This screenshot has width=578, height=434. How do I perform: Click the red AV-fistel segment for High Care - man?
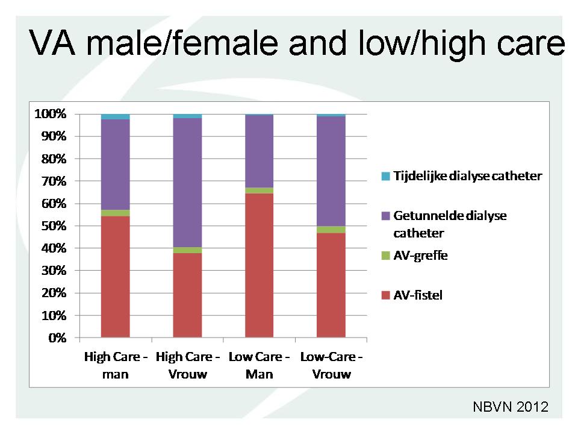pyautogui.click(x=116, y=277)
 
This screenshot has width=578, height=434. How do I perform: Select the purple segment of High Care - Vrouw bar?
pyautogui.click(x=188, y=183)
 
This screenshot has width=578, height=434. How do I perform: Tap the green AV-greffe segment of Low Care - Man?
pyautogui.click(x=259, y=190)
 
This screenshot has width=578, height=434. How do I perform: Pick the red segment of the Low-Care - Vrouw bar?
pyautogui.click(x=331, y=285)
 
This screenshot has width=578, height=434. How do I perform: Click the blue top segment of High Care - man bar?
pyautogui.click(x=116, y=116)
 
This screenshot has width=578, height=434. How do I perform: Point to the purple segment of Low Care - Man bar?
pyautogui.click(x=259, y=151)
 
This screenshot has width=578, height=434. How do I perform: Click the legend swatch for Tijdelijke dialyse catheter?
pyautogui.click(x=385, y=176)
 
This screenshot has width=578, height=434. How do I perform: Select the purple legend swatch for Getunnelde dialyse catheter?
pyautogui.click(x=385, y=216)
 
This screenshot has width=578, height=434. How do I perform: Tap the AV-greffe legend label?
pyautogui.click(x=421, y=256)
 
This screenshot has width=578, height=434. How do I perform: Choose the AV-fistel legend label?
pyautogui.click(x=418, y=295)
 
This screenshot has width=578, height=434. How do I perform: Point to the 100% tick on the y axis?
pyautogui.click(x=51, y=114)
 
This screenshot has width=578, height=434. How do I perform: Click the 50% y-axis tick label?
pyautogui.click(x=54, y=226)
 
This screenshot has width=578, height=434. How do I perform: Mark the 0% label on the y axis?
pyautogui.click(x=58, y=338)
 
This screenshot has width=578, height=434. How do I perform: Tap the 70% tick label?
pyautogui.click(x=54, y=181)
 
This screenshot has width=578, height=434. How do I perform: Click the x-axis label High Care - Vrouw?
pyautogui.click(x=188, y=365)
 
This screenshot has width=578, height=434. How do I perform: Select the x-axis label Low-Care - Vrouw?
pyautogui.click(x=331, y=365)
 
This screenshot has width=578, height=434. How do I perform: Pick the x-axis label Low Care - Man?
pyautogui.click(x=259, y=365)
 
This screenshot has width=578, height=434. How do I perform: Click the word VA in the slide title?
pyautogui.click(x=52, y=43)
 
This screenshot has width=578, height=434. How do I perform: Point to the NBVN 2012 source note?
pyautogui.click(x=511, y=407)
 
